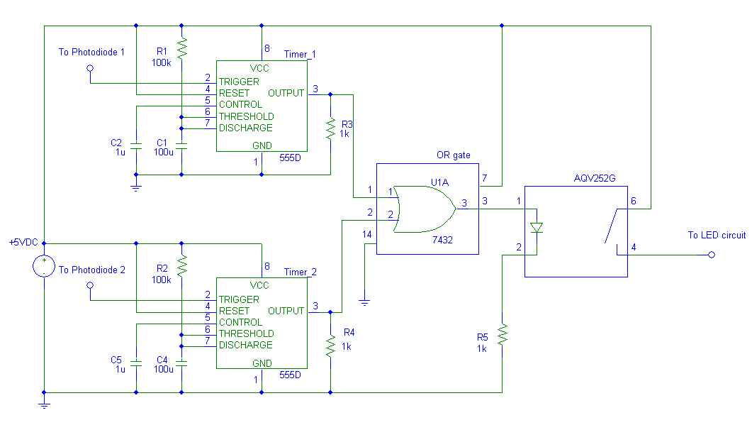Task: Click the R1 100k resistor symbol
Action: tap(181, 48)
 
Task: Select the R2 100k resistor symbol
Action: tap(181, 266)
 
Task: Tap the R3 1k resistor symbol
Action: tap(330, 129)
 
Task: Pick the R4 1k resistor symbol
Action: tap(330, 346)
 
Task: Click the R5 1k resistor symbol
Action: tap(502, 334)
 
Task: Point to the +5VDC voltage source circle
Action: tap(44, 267)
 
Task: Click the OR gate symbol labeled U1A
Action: tap(424, 209)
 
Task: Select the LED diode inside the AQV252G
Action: tap(537, 228)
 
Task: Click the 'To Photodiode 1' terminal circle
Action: tap(90, 68)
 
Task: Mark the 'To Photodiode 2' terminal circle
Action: tap(90, 285)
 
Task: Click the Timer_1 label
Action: tap(300, 54)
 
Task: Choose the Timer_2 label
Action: tap(300, 272)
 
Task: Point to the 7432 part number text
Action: tap(442, 241)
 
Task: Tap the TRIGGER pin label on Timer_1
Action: tap(239, 82)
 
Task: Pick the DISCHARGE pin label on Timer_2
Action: tap(245, 345)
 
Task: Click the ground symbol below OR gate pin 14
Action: tap(364, 302)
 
